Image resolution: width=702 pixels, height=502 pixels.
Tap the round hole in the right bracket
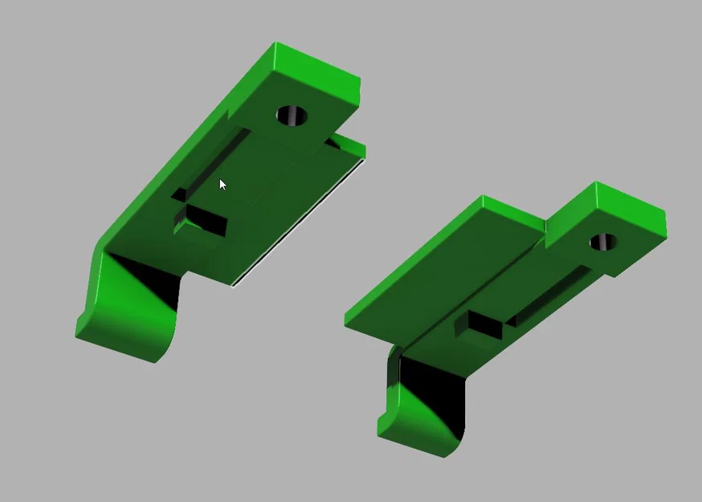[603, 242]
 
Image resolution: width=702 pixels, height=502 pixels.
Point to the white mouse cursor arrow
[222, 184]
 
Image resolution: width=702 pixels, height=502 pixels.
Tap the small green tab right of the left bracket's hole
[349, 147]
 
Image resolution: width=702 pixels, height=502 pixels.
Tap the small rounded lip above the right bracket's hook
[394, 357]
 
